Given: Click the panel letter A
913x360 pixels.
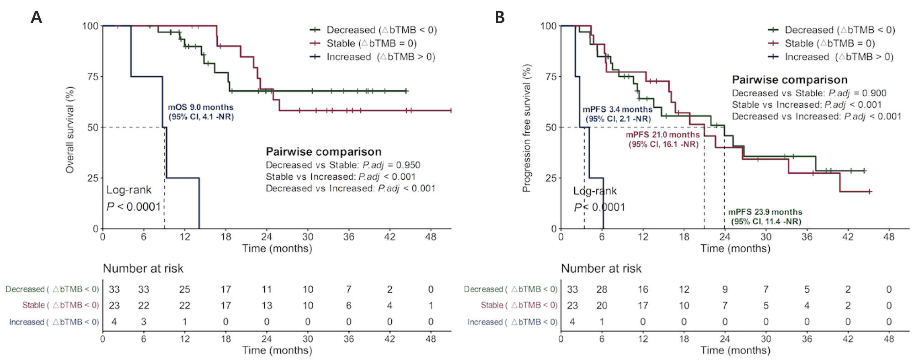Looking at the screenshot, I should coord(36,17).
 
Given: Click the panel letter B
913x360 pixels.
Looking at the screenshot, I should coord(500,17).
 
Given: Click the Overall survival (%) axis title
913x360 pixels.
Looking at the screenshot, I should coord(70,130).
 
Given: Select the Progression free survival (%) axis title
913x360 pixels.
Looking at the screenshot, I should coord(527,128).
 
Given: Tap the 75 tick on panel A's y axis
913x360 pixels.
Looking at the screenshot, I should coord(93,77).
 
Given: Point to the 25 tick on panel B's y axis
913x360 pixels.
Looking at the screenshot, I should coord(551,178).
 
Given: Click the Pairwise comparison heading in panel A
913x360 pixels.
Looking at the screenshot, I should coord(324,152).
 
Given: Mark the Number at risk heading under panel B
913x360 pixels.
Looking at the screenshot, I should coord(601,268).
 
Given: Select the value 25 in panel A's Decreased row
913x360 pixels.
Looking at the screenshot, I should coord(184,289).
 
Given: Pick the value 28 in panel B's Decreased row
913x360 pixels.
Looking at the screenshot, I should coord(602,289).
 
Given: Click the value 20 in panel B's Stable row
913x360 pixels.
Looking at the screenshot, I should coord(602,306).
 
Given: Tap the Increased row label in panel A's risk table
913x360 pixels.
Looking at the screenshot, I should coord(54,322).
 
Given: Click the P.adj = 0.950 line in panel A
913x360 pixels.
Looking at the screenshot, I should coord(343,165).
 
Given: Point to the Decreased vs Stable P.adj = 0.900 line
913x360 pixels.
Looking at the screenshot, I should coord(809,93).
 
